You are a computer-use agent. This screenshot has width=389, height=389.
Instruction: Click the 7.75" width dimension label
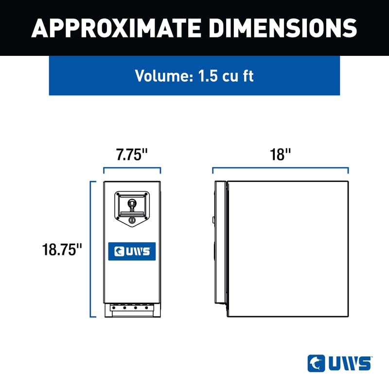(131, 155)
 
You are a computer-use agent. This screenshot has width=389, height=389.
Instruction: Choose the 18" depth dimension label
(280, 155)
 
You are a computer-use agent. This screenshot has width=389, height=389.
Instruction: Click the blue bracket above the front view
(132, 169)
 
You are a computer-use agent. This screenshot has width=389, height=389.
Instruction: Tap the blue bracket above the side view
(280, 169)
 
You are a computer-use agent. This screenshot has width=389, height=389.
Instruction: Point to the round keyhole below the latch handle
(132, 221)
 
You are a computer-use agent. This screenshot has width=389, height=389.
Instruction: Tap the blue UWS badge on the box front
(132, 251)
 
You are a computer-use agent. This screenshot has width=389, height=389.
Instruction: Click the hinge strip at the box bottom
(132, 308)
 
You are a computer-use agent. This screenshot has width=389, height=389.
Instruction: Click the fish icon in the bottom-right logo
(314, 363)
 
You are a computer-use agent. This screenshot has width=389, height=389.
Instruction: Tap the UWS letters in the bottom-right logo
(347, 363)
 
